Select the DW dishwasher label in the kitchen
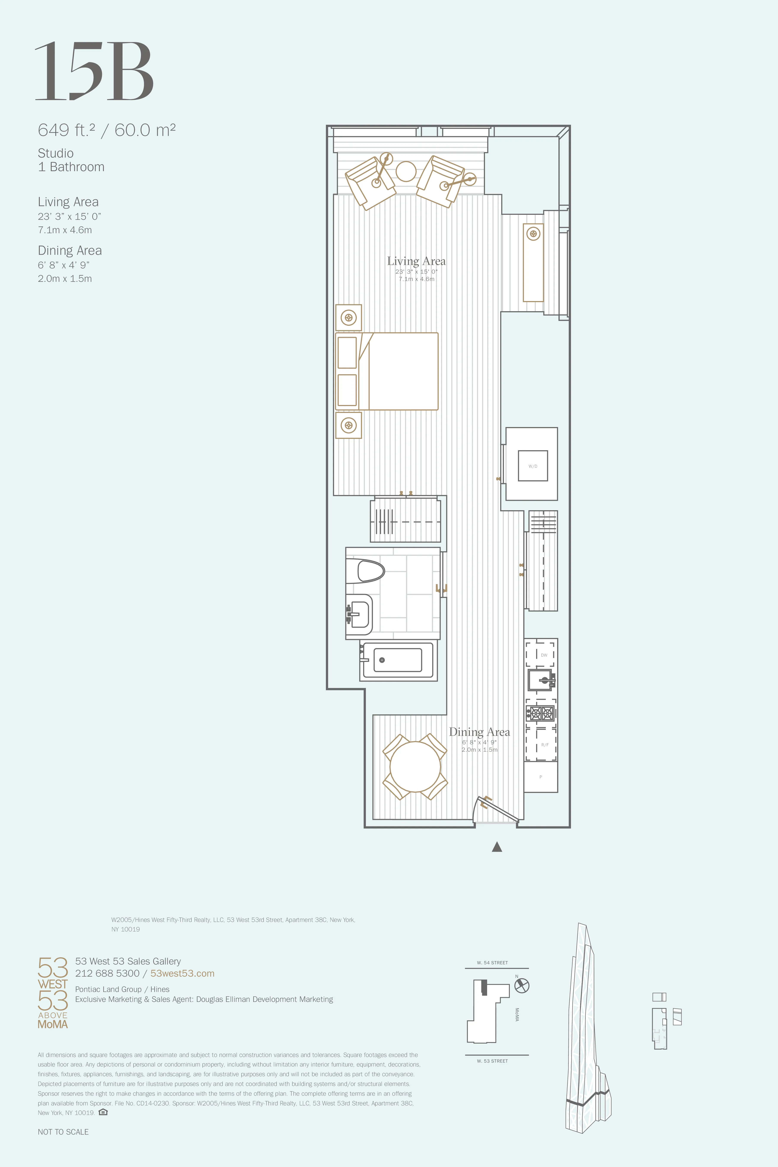(x=544, y=655)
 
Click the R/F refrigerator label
(x=545, y=744)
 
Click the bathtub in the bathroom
(x=398, y=660)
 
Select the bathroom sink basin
(x=359, y=614)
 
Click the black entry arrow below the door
(x=497, y=847)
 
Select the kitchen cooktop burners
(x=541, y=714)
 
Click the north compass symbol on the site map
(x=521, y=985)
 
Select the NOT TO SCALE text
(x=63, y=1132)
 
